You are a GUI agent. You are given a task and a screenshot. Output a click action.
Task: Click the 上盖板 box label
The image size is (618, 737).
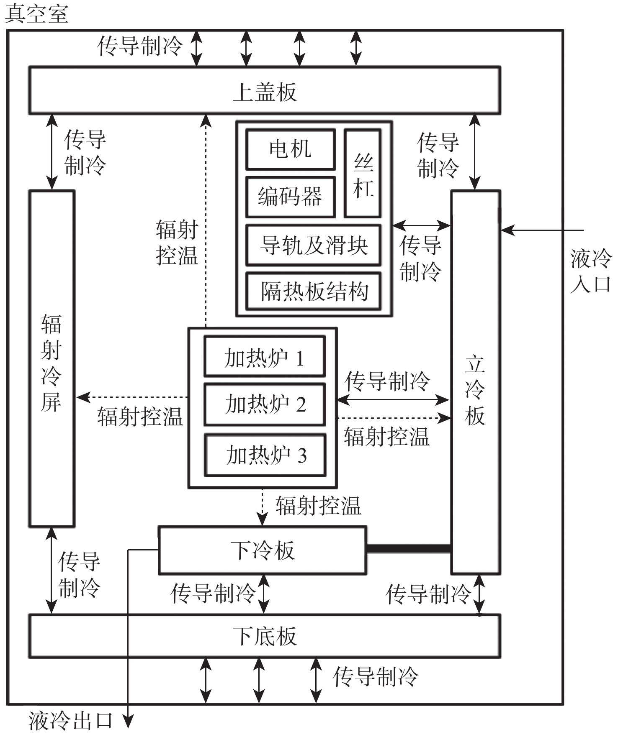click(265, 92)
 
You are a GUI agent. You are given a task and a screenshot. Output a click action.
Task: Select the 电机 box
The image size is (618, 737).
click(290, 149)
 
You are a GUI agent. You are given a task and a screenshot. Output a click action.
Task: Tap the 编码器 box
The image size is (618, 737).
click(290, 197)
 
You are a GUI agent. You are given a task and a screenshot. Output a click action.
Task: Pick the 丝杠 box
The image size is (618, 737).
click(363, 174)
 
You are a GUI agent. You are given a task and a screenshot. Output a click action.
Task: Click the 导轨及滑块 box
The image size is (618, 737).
click(313, 245)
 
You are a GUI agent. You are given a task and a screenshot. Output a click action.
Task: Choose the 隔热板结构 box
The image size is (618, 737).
click(313, 292)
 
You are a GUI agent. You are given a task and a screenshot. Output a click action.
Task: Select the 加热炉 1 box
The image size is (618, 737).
click(264, 357)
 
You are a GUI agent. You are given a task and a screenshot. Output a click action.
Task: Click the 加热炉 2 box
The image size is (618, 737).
click(264, 404)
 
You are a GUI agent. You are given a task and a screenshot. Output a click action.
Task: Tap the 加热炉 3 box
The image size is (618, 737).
click(265, 455)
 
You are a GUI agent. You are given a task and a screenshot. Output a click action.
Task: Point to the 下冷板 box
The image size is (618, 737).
click(263, 550)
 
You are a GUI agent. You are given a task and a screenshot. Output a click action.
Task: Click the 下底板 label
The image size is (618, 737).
click(265, 636)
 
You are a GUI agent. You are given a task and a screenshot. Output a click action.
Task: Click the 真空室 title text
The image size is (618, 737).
click(36, 14)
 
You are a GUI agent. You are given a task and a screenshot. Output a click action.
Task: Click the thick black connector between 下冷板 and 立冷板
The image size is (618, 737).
click(409, 548)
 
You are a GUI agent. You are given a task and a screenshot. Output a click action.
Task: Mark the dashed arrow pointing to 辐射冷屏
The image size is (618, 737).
click(132, 397)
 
